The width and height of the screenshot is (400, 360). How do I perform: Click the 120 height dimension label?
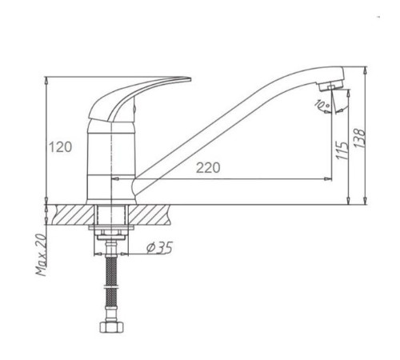click(60, 147)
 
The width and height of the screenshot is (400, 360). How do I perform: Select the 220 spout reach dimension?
click(208, 168)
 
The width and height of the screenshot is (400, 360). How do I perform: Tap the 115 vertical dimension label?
click(342, 150)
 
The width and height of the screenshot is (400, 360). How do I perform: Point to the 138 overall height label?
click(359, 138)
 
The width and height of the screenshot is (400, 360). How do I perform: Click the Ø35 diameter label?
click(159, 247)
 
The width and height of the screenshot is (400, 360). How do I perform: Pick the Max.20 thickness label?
click(41, 254)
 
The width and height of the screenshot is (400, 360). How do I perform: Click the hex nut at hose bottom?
click(112, 327)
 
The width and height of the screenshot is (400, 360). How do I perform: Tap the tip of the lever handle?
click(190, 79)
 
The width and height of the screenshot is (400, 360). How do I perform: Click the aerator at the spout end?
click(330, 86)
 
